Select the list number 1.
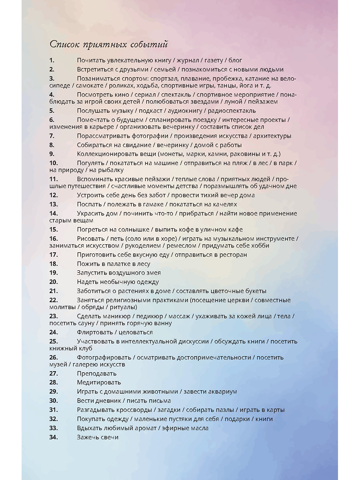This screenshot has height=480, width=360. tap(52, 60)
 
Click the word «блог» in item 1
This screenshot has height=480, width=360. tap(235, 60)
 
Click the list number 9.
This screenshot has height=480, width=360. tap(52, 154)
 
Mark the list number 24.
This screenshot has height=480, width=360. tap(54, 332)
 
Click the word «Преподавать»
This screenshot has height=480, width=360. tap(97, 374)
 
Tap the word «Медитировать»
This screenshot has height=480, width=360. tap(99, 382)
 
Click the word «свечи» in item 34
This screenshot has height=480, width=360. tap(110, 437)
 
